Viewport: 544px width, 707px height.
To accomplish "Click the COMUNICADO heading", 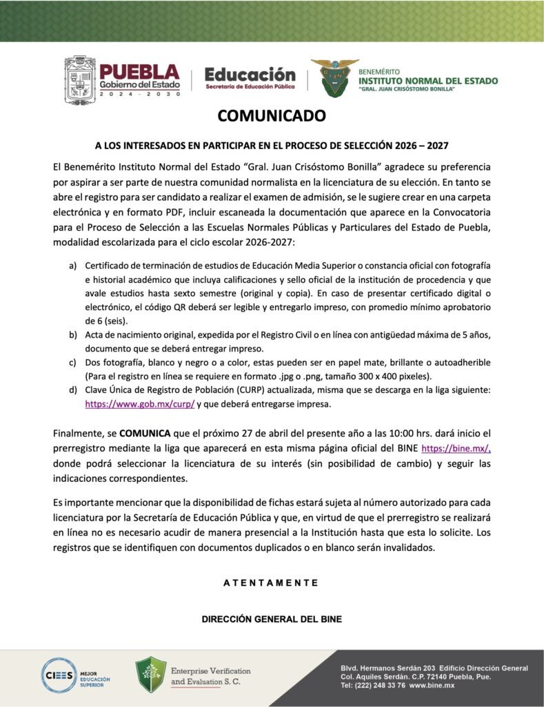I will [272, 116].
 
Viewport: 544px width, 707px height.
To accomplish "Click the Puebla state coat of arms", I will [80, 81].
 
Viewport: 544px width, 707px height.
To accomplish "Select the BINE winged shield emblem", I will [334, 77].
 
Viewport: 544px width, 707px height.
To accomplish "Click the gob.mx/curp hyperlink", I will [140, 405].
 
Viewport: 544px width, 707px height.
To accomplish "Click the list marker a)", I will [72, 266].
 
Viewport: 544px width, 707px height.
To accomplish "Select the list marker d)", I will [72, 391].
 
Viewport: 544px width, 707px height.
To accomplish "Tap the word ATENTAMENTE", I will [271, 583].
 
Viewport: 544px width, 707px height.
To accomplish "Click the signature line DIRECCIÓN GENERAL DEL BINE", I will [272, 619].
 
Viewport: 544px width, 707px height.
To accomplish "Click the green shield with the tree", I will [151, 675].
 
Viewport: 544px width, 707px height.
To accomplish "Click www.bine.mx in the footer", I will [432, 685].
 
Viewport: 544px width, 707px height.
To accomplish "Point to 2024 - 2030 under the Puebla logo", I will [139, 94].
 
